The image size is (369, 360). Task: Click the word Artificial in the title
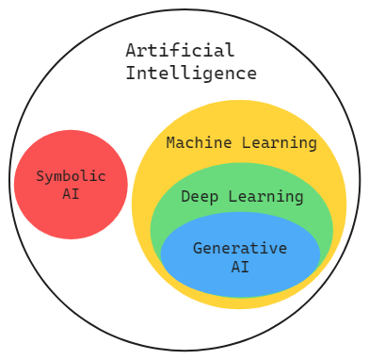coord(180,51)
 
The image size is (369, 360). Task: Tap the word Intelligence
coord(191,73)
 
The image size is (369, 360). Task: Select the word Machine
coord(197,143)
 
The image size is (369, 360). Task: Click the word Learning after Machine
coord(279,143)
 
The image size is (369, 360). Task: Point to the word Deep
coord(197,197)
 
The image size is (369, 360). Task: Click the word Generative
coord(240,249)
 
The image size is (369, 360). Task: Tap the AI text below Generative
coord(240,267)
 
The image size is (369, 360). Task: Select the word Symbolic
coord(71,176)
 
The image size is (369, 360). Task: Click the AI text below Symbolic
coord(71,194)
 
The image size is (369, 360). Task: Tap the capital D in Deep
coord(185,197)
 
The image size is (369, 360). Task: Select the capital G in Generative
coord(198,249)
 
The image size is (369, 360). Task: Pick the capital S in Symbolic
coord(40,176)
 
